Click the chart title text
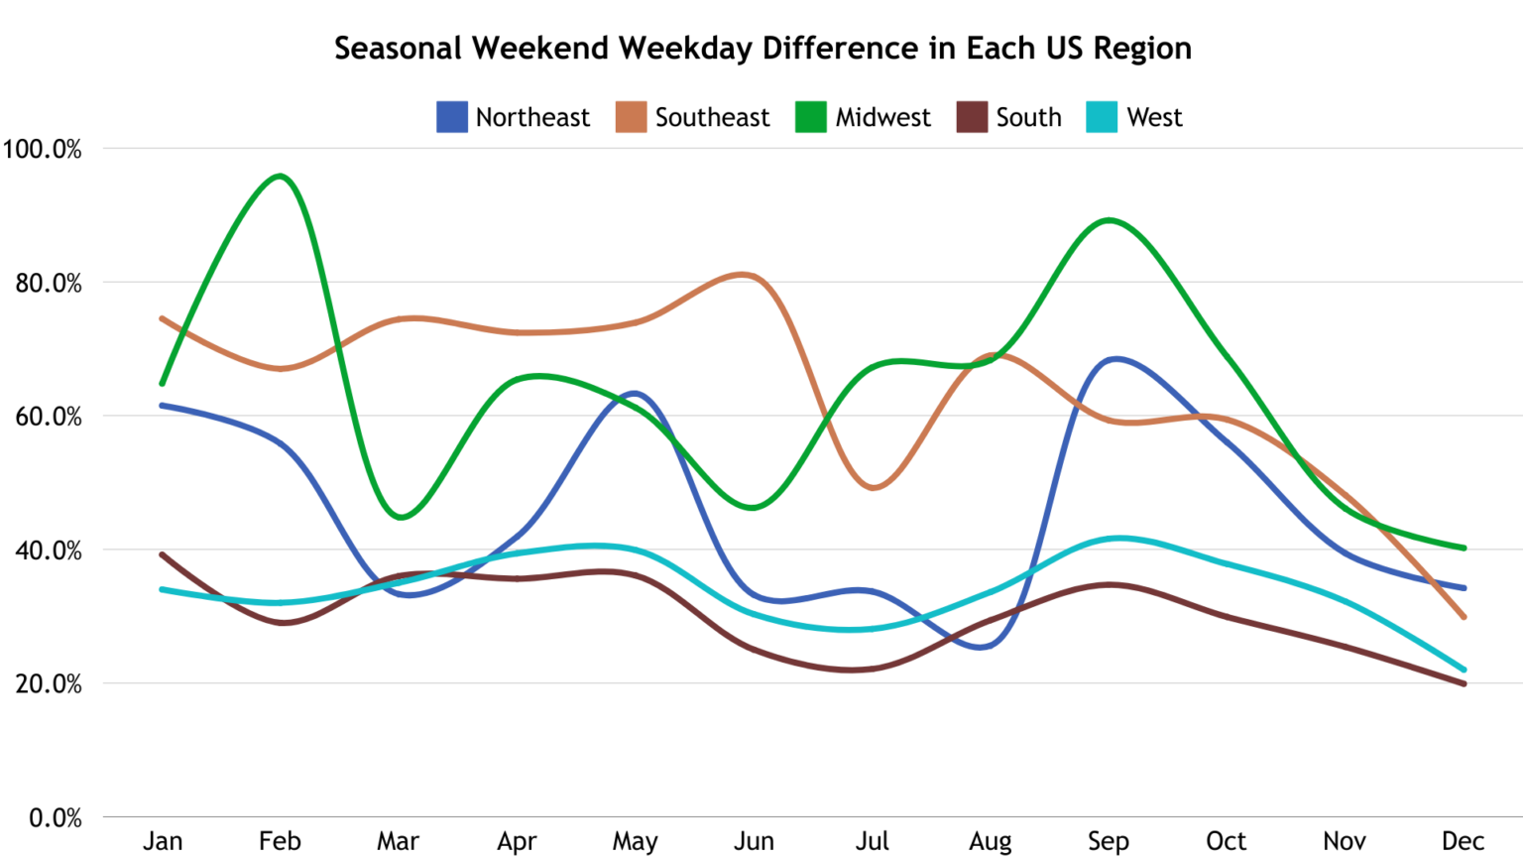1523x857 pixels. (761, 48)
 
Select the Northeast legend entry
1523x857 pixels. (513, 117)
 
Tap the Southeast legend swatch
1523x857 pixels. (631, 117)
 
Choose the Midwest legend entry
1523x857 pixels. (863, 117)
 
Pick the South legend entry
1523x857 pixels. (1008, 117)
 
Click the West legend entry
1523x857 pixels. (1134, 117)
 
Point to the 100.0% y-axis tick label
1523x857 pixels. (42, 149)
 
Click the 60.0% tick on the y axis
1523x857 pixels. (48, 417)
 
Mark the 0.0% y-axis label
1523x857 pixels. (55, 818)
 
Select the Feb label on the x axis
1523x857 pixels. (280, 841)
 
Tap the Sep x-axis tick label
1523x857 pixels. (1108, 841)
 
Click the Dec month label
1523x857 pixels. (1463, 841)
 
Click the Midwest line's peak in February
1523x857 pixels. (281, 177)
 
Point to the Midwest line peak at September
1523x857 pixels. (1109, 220)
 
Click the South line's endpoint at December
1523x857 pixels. (1464, 683)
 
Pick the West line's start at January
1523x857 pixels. (162, 589)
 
